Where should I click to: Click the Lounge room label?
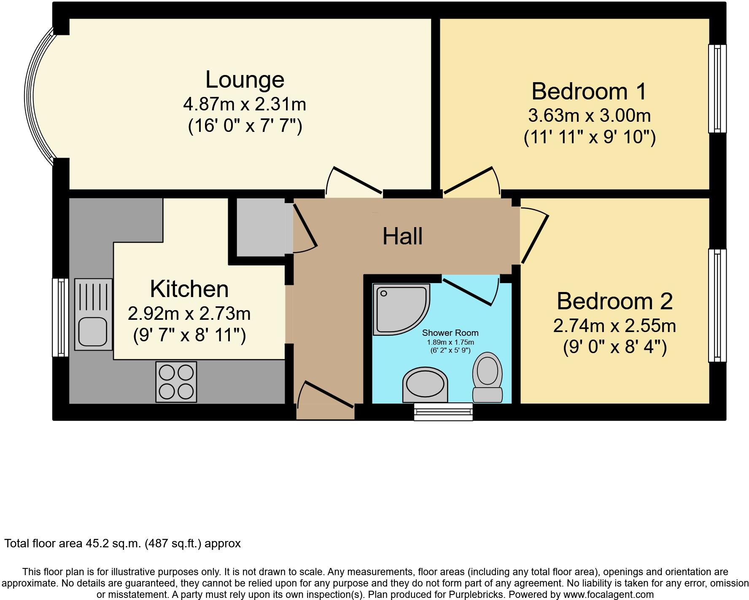tap(245, 80)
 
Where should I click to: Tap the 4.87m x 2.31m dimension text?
tap(245, 104)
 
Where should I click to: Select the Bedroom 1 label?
tap(589, 91)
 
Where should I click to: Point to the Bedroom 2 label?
tap(614, 301)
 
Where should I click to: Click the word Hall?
tap(402, 236)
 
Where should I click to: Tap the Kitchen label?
tap(189, 289)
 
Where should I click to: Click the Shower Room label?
tap(450, 333)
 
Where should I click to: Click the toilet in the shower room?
tap(488, 377)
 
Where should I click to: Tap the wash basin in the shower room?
tap(425, 384)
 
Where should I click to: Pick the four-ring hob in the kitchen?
tap(176, 382)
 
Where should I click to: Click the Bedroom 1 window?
tap(717, 88)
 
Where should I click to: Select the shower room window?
tap(443, 411)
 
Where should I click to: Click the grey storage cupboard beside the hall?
tap(260, 227)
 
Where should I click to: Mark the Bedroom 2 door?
tap(535, 236)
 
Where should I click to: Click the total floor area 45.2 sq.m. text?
tap(122, 544)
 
